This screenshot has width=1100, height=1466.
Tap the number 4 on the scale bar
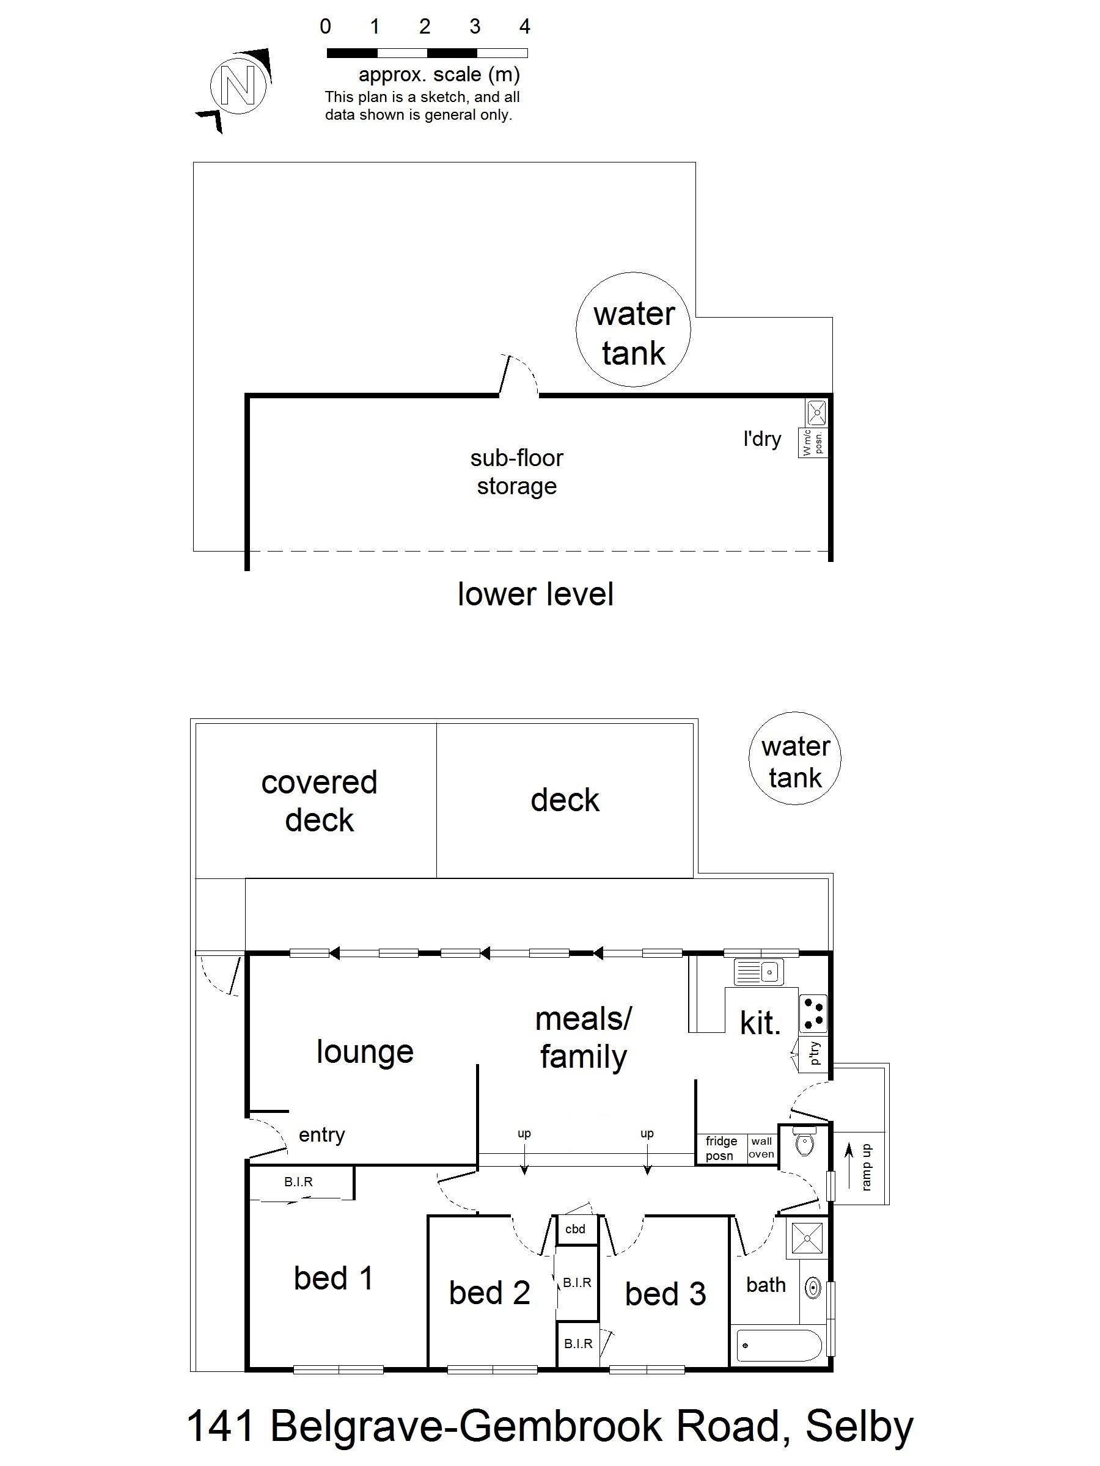click(x=524, y=26)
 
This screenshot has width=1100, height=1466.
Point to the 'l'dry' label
click(x=762, y=439)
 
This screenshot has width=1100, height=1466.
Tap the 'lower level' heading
click(x=535, y=594)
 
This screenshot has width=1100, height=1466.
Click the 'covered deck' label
click(x=319, y=801)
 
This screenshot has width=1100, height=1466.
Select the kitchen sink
click(x=758, y=972)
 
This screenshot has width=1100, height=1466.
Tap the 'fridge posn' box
click(x=721, y=1148)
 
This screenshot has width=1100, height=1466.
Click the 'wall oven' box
click(x=761, y=1148)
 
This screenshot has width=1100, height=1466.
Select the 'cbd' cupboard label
click(x=575, y=1230)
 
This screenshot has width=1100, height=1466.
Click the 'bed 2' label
click(x=490, y=1293)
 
